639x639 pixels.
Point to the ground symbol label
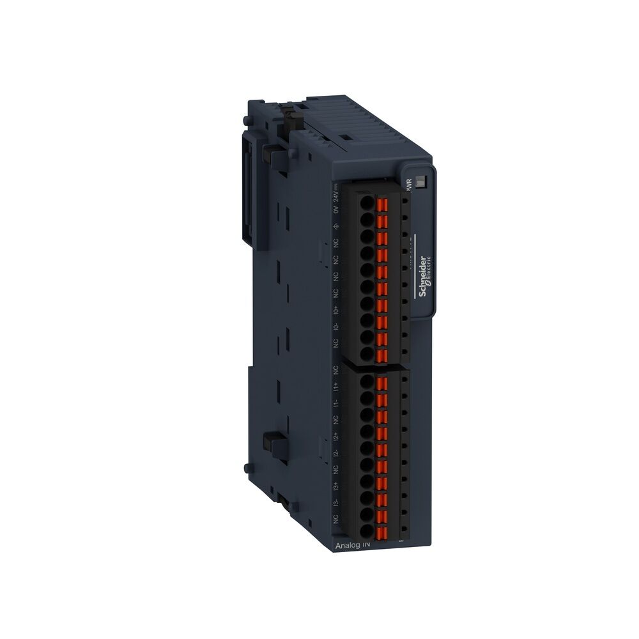pos(336,226)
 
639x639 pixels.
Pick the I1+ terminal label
pos(336,387)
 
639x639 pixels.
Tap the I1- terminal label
pos(336,403)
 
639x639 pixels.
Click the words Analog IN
pos(352,545)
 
